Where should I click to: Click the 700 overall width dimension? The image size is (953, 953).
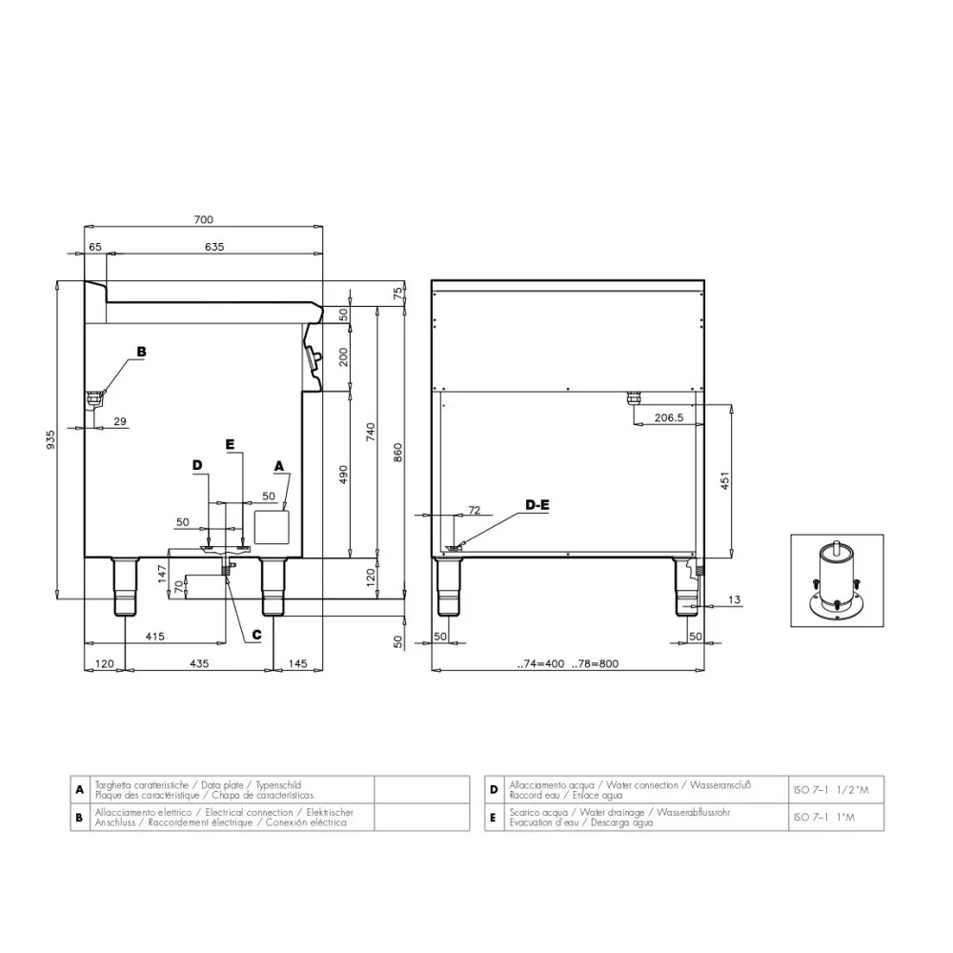pyautogui.click(x=203, y=219)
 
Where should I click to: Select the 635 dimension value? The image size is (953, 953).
pyautogui.click(x=213, y=247)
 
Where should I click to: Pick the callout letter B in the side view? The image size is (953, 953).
pyautogui.click(x=141, y=352)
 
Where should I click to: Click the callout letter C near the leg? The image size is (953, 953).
pyautogui.click(x=256, y=634)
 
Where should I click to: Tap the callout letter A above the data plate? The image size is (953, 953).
pyautogui.click(x=279, y=465)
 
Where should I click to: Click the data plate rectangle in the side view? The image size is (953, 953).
pyautogui.click(x=274, y=526)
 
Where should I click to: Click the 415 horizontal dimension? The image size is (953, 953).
pyautogui.click(x=155, y=636)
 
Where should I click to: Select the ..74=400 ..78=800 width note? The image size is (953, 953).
pyautogui.click(x=568, y=664)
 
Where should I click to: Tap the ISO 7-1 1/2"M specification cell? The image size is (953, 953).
pyautogui.click(x=831, y=790)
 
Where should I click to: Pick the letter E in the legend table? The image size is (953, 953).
pyautogui.click(x=494, y=817)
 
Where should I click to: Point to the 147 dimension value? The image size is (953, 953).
pyautogui.click(x=162, y=573)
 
